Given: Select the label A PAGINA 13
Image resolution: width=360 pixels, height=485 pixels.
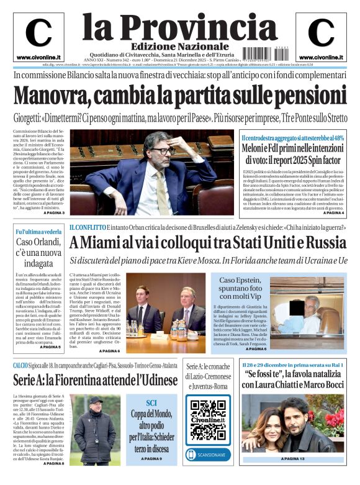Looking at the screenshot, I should click(294, 459).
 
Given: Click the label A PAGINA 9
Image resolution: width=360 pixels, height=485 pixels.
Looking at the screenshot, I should click(151, 459).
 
